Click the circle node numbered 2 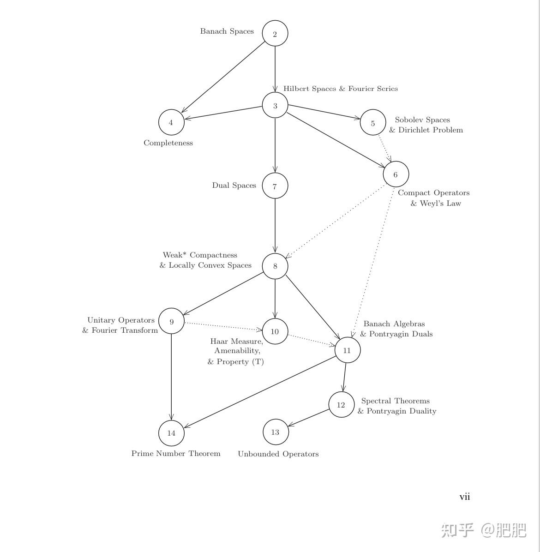point(275,34)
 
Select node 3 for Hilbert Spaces point(275,106)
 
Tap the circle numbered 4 point(171,122)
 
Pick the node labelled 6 point(396,174)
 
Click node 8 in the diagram point(275,266)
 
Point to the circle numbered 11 point(347,350)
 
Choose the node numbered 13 point(276,432)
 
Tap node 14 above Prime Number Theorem point(171,433)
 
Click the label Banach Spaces point(227,31)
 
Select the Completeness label point(168,143)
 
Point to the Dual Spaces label point(234,186)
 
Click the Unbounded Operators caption point(278,454)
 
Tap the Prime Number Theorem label point(176,454)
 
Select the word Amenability point(237,351)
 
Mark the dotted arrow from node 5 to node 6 point(385,148)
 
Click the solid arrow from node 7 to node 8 point(275,226)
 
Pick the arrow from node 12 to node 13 point(308,418)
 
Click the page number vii point(464,497)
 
